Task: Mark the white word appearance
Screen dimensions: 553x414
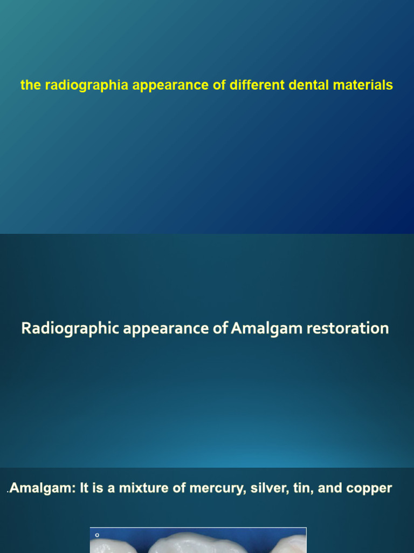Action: point(162,328)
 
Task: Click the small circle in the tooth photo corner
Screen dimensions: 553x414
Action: point(97,535)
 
